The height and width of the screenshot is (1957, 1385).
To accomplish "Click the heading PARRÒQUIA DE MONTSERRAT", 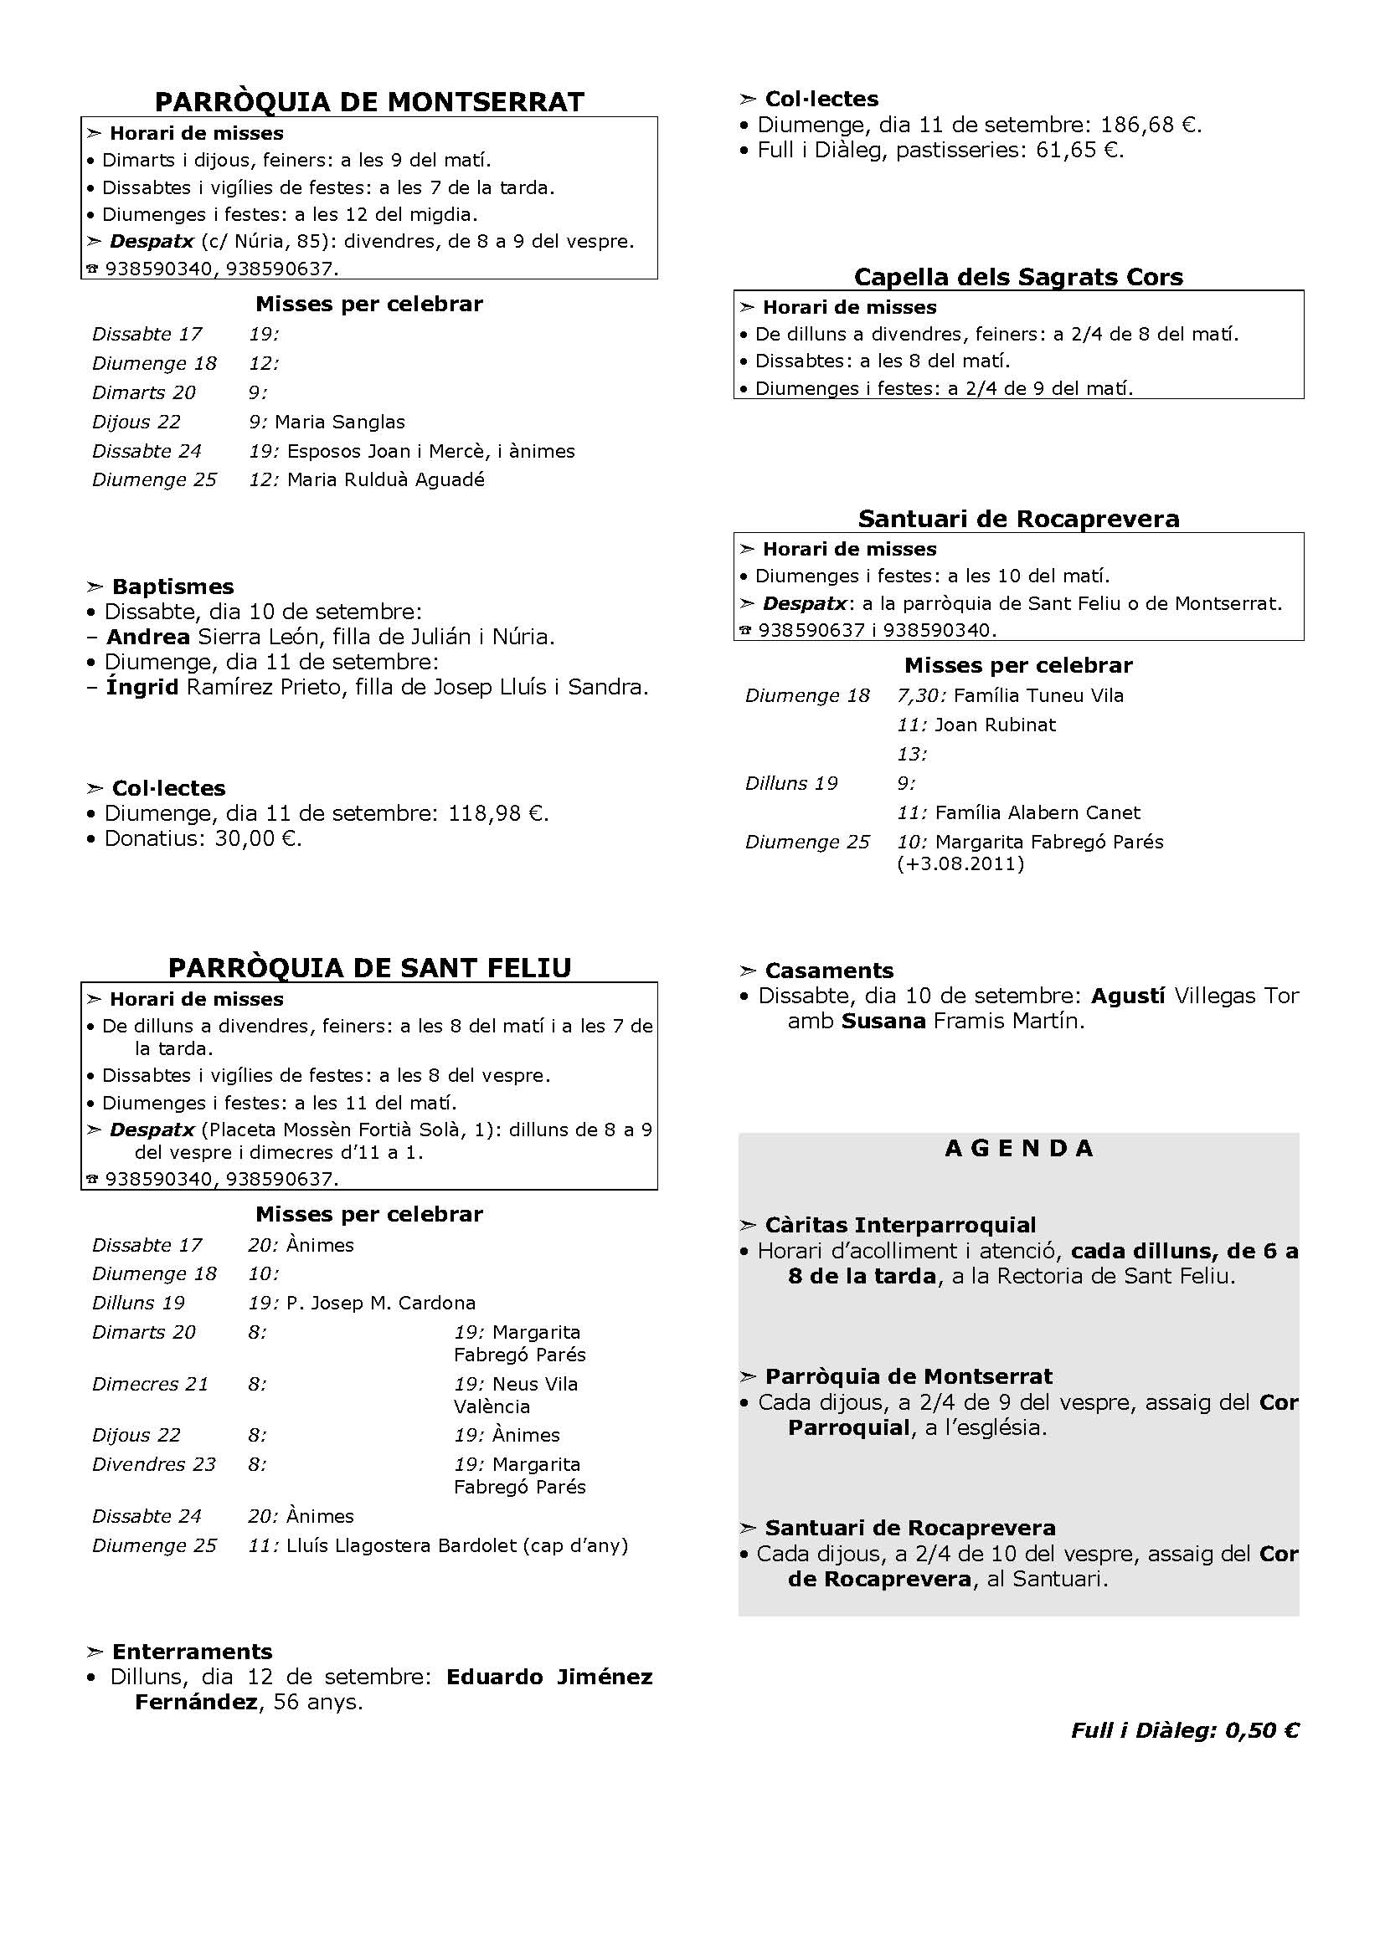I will click(x=369, y=102).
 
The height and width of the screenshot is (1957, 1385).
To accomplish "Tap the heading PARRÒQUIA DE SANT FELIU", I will click(x=369, y=968).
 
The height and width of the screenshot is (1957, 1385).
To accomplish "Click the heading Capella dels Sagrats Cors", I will click(x=1018, y=277).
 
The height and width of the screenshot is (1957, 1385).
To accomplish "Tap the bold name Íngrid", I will click(x=142, y=687).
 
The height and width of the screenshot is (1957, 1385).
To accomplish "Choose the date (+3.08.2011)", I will click(x=960, y=863).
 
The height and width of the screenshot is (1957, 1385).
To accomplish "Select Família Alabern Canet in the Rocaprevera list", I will click(x=1037, y=812).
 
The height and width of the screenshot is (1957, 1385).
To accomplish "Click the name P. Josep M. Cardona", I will click(x=380, y=1304).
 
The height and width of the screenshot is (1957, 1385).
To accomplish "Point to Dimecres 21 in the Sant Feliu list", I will click(x=150, y=1383).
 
